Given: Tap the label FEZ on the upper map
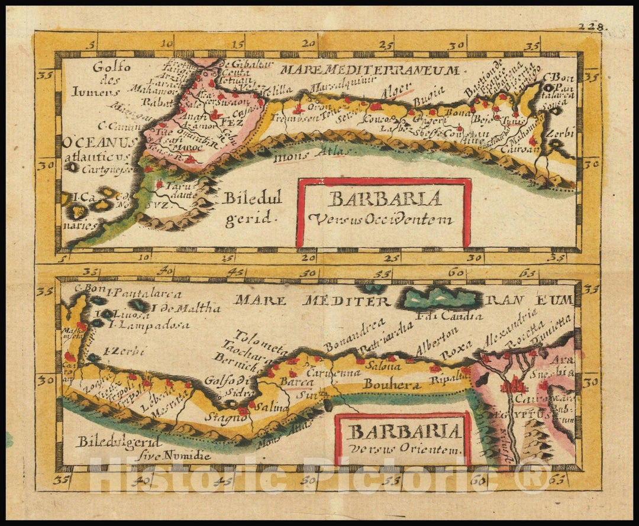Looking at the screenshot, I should tap(228, 122).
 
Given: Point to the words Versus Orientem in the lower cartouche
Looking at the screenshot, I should tap(405, 450).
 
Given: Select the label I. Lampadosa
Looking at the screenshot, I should tap(148, 325).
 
